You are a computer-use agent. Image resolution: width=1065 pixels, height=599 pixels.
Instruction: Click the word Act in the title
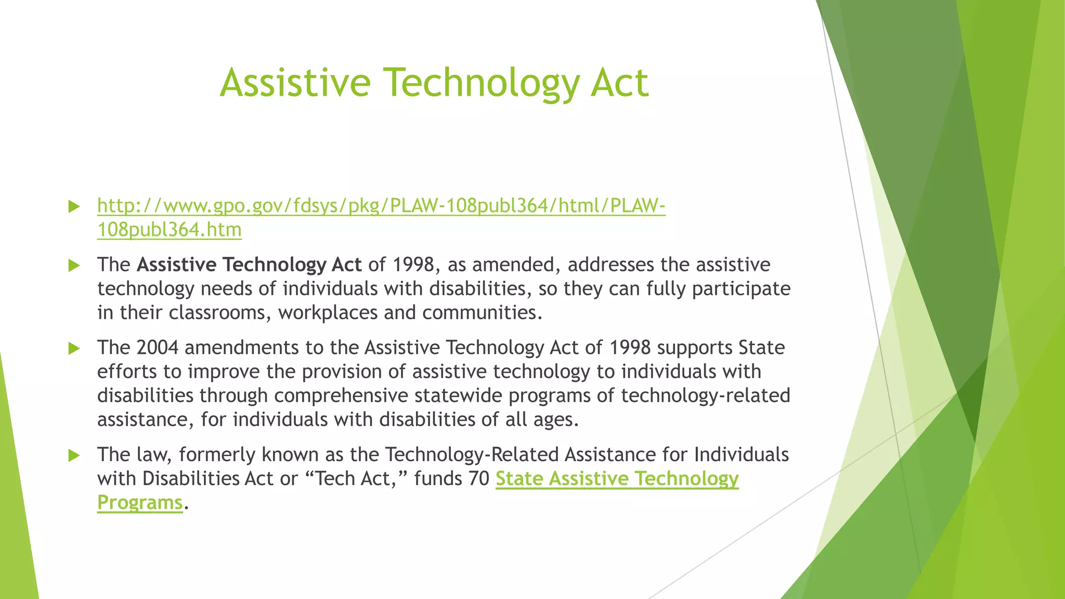619,83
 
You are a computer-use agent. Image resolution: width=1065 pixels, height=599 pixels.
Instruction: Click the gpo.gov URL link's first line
381,206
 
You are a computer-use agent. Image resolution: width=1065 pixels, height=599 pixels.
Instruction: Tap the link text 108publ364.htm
170,230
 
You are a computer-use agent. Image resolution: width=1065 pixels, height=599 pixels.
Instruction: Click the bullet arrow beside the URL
74,207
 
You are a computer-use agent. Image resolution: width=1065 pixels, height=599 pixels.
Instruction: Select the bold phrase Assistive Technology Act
249,265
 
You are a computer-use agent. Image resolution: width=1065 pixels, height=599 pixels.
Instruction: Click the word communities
482,313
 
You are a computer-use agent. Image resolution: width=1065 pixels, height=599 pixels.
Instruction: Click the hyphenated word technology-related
705,396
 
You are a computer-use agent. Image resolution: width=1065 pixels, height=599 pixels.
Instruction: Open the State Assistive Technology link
617,479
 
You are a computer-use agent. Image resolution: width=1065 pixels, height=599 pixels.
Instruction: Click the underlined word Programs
140,503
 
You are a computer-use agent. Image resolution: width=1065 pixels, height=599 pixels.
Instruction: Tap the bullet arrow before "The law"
74,455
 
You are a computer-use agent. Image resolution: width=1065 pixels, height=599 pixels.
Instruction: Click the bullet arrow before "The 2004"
74,348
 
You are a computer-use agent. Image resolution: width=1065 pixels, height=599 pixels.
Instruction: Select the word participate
741,289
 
